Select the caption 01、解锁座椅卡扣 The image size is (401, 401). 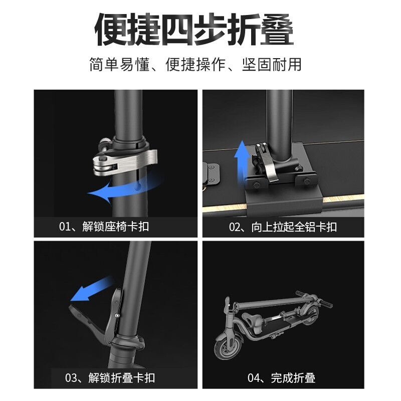(x=104, y=227)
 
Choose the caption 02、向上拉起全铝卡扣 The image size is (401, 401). (x=283, y=227)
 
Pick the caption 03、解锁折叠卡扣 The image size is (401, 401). (x=110, y=377)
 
